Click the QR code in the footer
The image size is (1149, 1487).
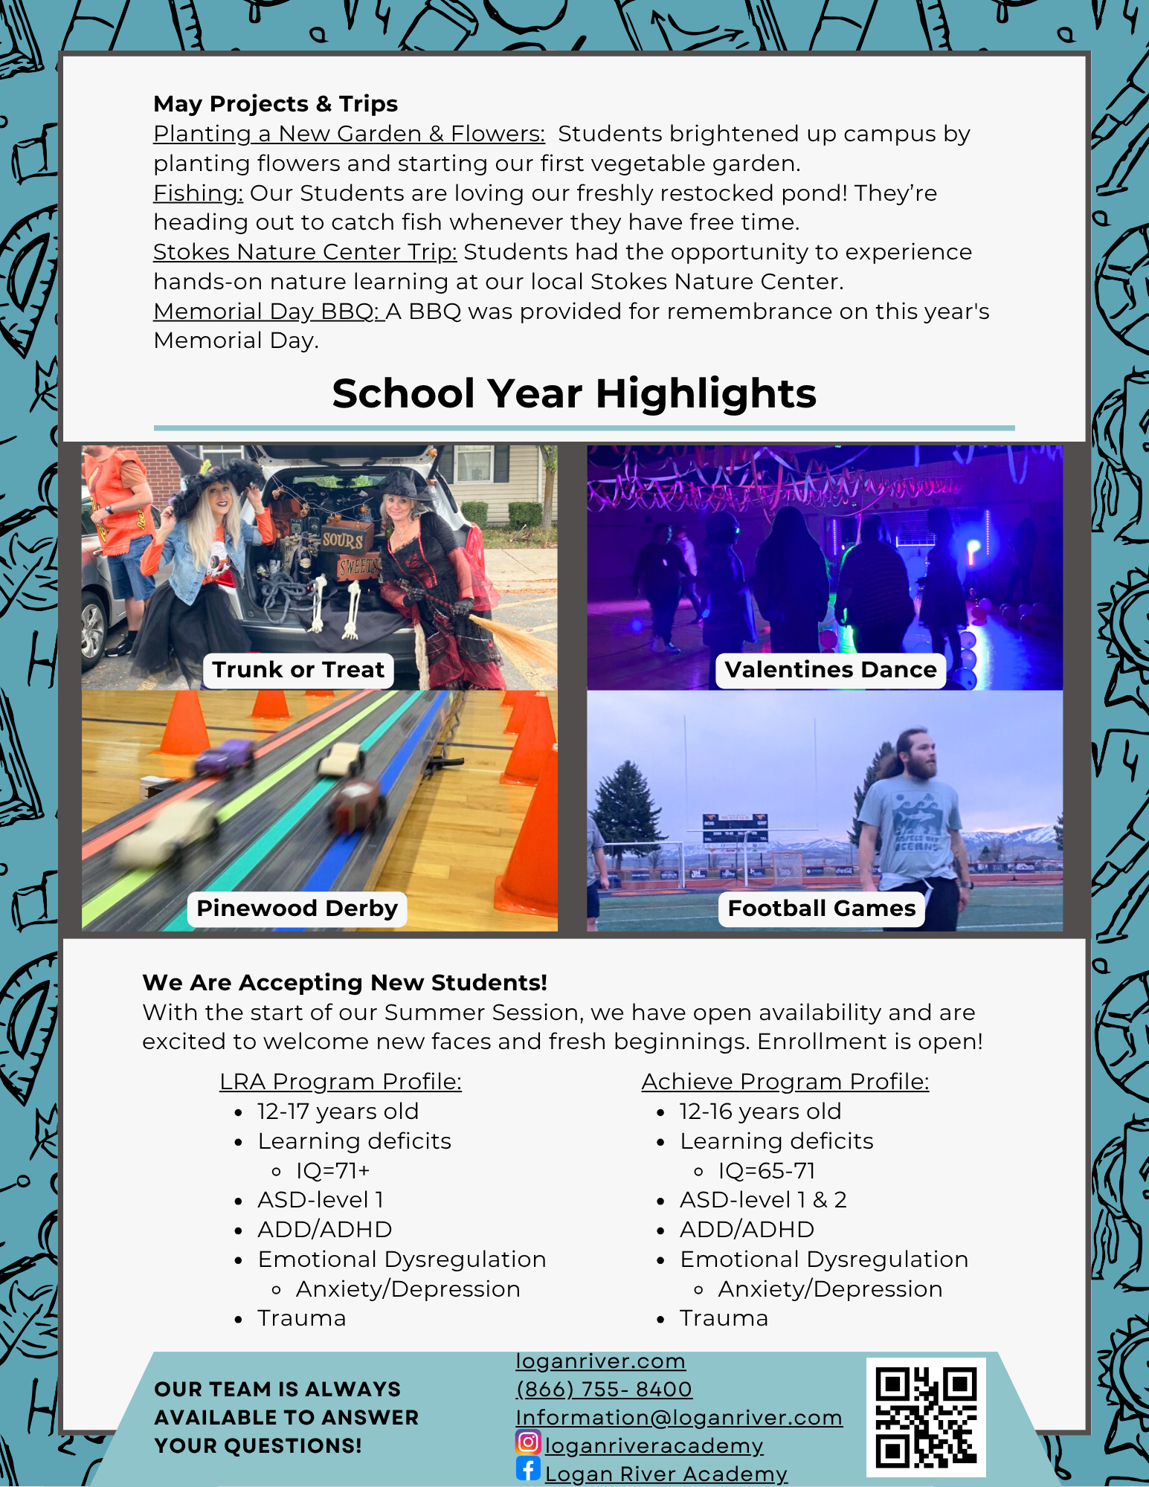(926, 1417)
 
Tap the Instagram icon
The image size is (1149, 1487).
(528, 1442)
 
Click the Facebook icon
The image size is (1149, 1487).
(528, 1469)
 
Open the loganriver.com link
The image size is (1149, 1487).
(600, 1361)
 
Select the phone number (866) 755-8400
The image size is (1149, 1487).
(604, 1389)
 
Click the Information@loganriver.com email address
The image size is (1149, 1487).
(678, 1417)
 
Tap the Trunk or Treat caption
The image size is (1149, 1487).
(298, 670)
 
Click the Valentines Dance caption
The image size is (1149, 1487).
(830, 670)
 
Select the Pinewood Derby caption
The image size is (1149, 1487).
(297, 909)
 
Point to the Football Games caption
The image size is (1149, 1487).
(821, 909)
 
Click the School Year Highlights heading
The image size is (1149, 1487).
(573, 393)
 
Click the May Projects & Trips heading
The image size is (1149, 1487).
(275, 104)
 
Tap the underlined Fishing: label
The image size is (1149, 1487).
(198, 193)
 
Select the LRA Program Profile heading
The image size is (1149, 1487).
(340, 1082)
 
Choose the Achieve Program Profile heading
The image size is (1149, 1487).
(785, 1082)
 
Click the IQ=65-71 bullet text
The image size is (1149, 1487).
(766, 1171)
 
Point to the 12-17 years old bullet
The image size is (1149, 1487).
(338, 1112)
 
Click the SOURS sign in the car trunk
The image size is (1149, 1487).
(343, 541)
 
